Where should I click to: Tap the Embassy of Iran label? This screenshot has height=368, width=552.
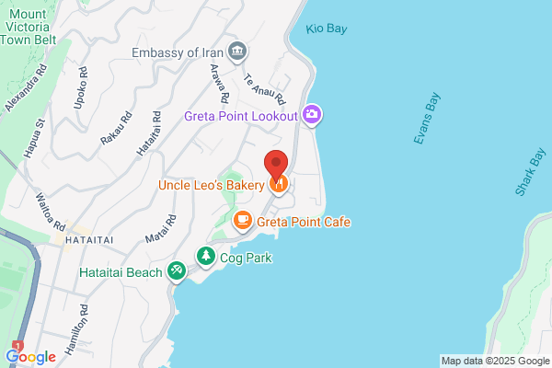[178, 52]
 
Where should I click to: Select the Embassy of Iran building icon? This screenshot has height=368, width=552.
[237, 51]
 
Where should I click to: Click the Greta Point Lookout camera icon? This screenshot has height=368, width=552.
[313, 114]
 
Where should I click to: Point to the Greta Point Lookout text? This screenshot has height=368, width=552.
[241, 116]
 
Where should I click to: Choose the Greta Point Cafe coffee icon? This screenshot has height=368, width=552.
[242, 220]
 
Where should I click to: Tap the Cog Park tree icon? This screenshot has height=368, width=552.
[207, 256]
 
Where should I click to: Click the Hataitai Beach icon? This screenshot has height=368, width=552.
[177, 271]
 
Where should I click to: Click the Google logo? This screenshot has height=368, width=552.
[31, 355]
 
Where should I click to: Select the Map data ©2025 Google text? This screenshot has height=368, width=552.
[494, 360]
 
